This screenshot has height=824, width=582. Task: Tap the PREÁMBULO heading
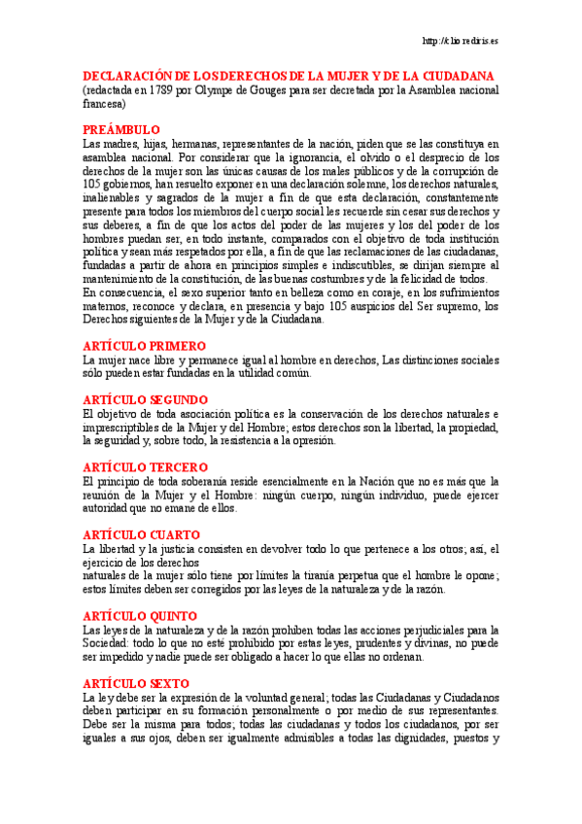tap(121, 129)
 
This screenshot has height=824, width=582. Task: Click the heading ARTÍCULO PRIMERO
tap(144, 345)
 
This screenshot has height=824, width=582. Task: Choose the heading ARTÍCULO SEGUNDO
tap(146, 398)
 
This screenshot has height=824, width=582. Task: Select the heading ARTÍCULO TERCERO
tap(146, 466)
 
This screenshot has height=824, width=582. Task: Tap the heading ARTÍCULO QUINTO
tap(140, 616)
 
